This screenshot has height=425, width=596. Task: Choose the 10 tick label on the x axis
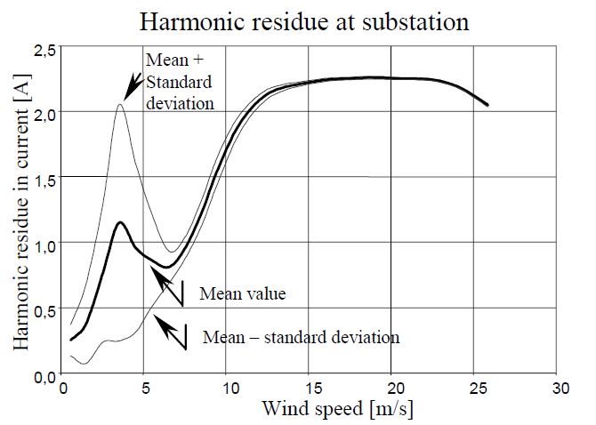(x=226, y=389)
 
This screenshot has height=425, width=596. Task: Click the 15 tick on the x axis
(x=309, y=389)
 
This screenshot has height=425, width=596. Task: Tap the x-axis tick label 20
(x=391, y=389)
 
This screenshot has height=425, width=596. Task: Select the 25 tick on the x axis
(x=474, y=389)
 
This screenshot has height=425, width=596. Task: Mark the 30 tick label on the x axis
(x=558, y=389)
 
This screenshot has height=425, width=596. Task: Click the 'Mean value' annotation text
(x=242, y=293)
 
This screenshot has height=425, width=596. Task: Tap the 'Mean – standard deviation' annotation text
(x=302, y=338)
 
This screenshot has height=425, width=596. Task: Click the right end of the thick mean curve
(x=487, y=106)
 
